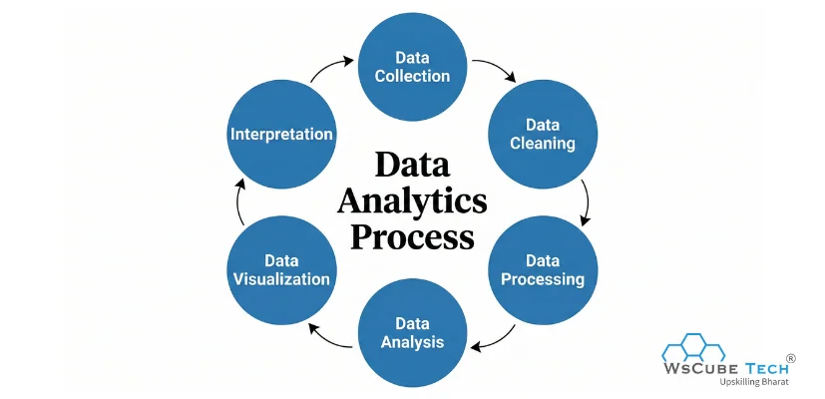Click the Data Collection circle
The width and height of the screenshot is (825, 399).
click(x=413, y=67)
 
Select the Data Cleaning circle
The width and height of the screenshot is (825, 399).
click(x=544, y=135)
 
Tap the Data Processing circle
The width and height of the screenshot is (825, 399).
click(x=543, y=269)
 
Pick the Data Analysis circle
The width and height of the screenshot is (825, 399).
click(x=412, y=333)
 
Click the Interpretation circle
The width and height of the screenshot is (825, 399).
click(x=281, y=134)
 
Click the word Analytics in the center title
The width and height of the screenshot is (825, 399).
click(x=412, y=201)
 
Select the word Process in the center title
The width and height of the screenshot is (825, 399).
click(x=412, y=238)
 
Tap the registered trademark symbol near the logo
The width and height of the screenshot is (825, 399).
click(x=791, y=357)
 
